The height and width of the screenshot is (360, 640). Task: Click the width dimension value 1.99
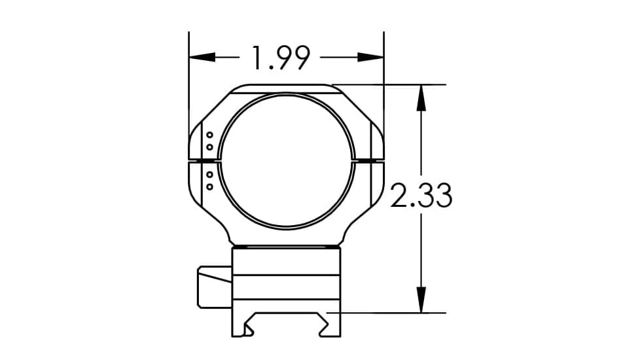click(x=280, y=58)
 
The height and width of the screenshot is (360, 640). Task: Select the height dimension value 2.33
click(x=421, y=196)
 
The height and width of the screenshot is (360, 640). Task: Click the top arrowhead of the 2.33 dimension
click(x=421, y=97)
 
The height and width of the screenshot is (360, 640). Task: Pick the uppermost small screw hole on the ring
click(x=209, y=135)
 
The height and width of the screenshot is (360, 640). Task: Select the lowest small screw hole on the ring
click(x=209, y=187)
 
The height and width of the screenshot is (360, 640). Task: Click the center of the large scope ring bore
click(x=287, y=160)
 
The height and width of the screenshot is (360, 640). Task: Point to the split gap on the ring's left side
click(x=204, y=160)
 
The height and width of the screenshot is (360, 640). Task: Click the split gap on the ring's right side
click(x=369, y=160)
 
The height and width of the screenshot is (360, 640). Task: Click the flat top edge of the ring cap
click(x=286, y=85)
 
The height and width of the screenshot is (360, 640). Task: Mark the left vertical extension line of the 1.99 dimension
click(x=188, y=79)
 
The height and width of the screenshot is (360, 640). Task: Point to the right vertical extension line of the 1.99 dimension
click(x=383, y=79)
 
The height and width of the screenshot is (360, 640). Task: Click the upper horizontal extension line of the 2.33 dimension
click(x=393, y=84)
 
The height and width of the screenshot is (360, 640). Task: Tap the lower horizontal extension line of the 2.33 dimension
click(x=393, y=313)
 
